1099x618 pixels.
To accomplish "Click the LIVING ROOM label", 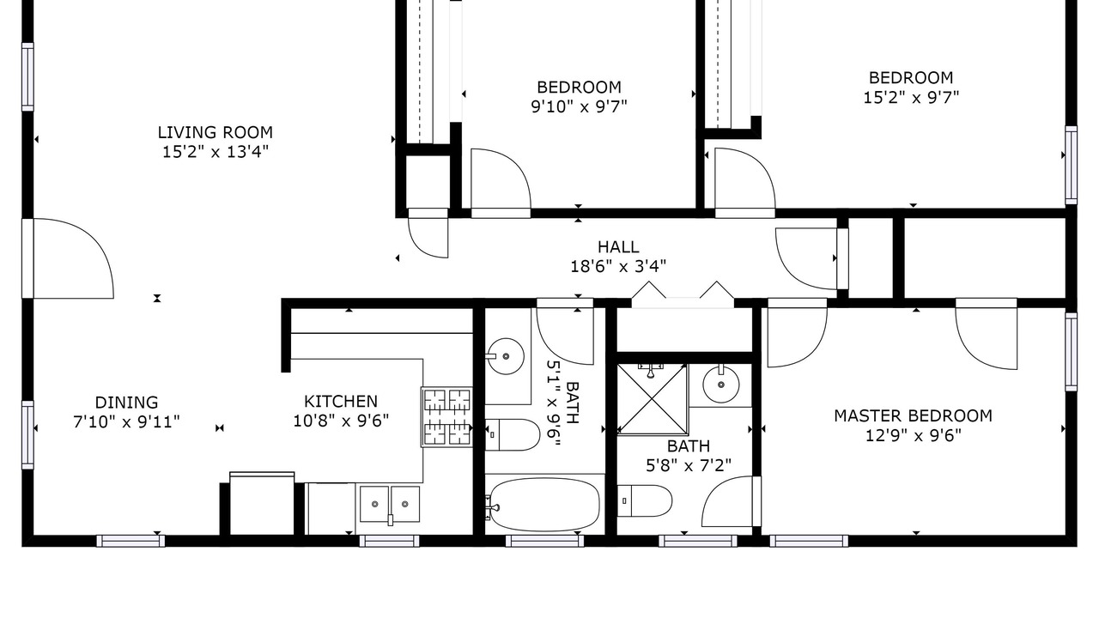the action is pyautogui.click(x=215, y=132).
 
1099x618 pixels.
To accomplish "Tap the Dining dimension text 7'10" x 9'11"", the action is pyautogui.click(x=126, y=421).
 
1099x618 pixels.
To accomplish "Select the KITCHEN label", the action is pyautogui.click(x=341, y=402).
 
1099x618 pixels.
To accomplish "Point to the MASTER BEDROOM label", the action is pyautogui.click(x=913, y=416).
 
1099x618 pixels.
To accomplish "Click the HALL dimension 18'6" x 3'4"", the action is pyautogui.click(x=618, y=266).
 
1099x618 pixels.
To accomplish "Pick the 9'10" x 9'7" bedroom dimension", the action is pyautogui.click(x=579, y=106).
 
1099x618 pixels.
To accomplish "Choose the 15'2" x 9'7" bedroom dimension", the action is pyautogui.click(x=911, y=97).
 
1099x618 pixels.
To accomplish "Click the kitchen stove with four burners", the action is pyautogui.click(x=446, y=417).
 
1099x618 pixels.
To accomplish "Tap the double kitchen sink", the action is pyautogui.click(x=390, y=504).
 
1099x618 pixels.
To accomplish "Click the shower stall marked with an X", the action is pyautogui.click(x=652, y=399).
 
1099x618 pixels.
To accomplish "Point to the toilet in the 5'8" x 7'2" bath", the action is pyautogui.click(x=644, y=500).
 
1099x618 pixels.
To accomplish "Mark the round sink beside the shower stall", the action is pyautogui.click(x=720, y=385).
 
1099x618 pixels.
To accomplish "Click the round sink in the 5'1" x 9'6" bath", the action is pyautogui.click(x=506, y=356).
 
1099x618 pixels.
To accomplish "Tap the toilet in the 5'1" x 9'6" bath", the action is pyautogui.click(x=513, y=434).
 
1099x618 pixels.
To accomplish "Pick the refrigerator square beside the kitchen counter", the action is pyautogui.click(x=262, y=503).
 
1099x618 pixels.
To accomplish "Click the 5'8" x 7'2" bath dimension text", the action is pyautogui.click(x=689, y=465).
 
